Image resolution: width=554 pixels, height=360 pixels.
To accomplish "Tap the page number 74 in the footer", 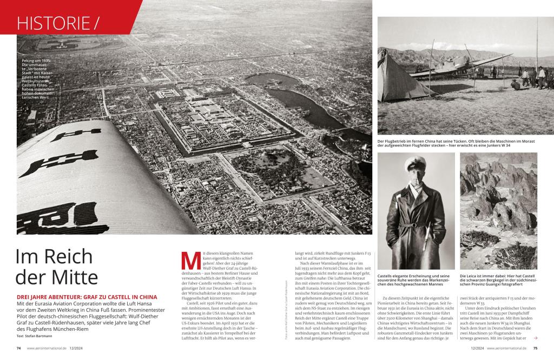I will [x=18, y=348].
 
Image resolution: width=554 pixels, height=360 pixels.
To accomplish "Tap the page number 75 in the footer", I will [x=535, y=348].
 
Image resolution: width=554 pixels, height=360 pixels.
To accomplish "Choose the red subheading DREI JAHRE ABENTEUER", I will [x=87, y=297].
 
